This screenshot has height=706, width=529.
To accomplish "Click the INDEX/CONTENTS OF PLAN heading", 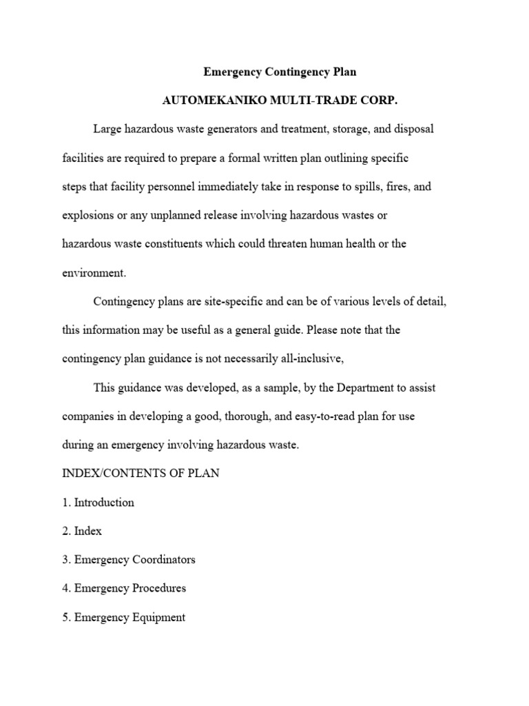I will (141, 474).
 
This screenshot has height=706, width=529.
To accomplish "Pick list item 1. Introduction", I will (98, 503).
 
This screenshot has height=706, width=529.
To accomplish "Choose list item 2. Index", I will (82, 532).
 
